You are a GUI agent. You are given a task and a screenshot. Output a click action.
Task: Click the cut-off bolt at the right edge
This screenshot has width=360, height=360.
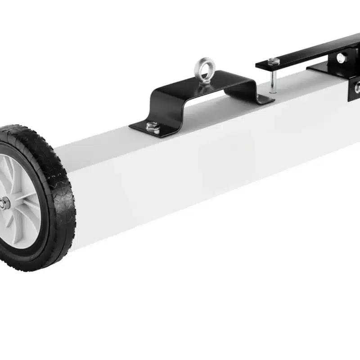point(357,88)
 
